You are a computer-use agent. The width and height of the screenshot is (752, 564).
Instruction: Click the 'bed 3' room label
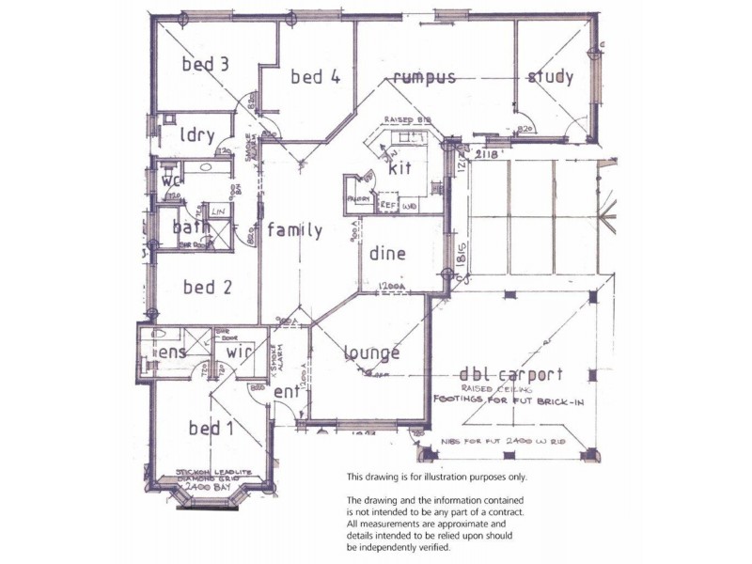tap(205, 65)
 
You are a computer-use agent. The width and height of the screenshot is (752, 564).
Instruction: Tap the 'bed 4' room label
tap(315, 77)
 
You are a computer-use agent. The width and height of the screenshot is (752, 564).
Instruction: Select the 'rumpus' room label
tap(425, 76)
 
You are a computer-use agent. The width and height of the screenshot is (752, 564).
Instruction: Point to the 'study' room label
tap(550, 77)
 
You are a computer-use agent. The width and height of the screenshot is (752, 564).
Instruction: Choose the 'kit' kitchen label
tap(400, 170)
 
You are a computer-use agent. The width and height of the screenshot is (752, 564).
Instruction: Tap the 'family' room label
tap(294, 230)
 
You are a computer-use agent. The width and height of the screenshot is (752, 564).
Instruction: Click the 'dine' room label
tap(387, 253)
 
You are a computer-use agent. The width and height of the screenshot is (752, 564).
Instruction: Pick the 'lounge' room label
tap(370, 353)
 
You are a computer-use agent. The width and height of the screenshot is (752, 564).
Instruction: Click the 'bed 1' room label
tap(211, 430)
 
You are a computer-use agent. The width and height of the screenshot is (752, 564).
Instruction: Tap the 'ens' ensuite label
tap(172, 352)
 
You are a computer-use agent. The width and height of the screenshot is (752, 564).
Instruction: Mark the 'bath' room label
tap(191, 227)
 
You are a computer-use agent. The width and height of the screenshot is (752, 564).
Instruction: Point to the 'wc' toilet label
tap(170, 180)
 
